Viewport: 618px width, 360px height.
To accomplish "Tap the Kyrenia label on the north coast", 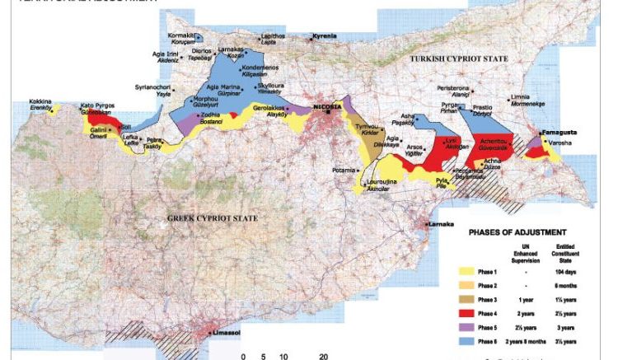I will tap(326, 37).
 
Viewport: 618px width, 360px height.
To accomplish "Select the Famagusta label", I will tap(560, 132).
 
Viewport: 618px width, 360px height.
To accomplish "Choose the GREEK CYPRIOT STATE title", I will tap(212, 217).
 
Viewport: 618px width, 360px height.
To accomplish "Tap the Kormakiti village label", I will tap(180, 36).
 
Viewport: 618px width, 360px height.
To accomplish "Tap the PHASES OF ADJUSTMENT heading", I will tap(517, 231).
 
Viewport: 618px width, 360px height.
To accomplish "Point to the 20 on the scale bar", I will tap(324, 357).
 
